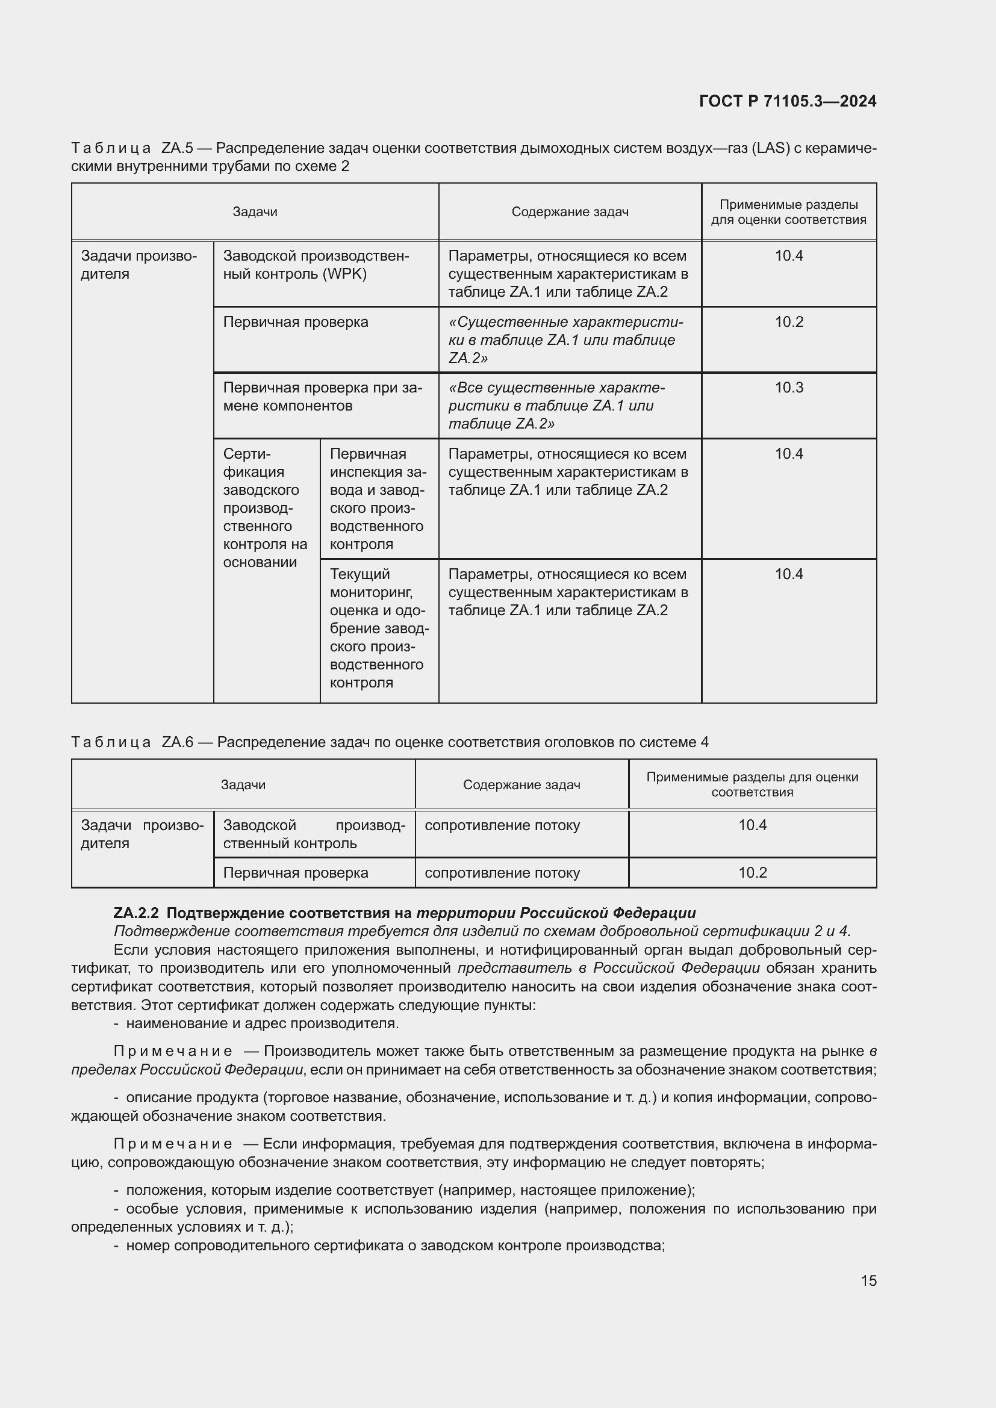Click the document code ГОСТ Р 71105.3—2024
click(x=788, y=101)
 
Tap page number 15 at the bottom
click(x=868, y=1280)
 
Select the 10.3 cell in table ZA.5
click(x=789, y=388)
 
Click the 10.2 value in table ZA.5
click(x=789, y=322)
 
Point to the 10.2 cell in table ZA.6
click(x=752, y=873)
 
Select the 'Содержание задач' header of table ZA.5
click(x=570, y=212)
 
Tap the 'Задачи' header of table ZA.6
click(x=243, y=785)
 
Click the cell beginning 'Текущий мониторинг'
click(x=378, y=628)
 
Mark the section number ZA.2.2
click(x=136, y=913)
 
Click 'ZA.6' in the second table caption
click(x=178, y=743)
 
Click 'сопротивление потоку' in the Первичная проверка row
click(x=502, y=873)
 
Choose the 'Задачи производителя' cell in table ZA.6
click(x=142, y=834)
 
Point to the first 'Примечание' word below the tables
click(x=173, y=1051)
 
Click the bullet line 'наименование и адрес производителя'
click(x=263, y=1023)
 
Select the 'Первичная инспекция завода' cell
click(x=378, y=498)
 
